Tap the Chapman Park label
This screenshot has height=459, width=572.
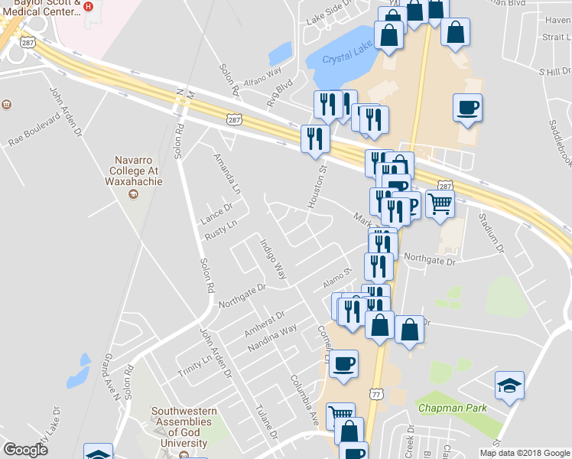[x=452, y=408]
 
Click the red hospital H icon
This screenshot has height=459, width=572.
[x=88, y=6]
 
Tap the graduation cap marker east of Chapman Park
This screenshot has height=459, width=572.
[x=509, y=386]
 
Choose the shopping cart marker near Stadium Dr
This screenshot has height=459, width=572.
[x=440, y=204]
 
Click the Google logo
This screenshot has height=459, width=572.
[x=25, y=450]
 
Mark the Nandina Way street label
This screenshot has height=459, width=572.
[x=271, y=340]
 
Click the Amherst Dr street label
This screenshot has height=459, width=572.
[x=264, y=324]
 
